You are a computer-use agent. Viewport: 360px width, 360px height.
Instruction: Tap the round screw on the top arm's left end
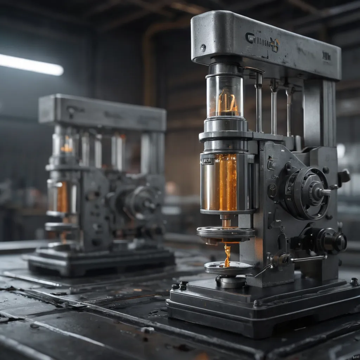pos(202,48)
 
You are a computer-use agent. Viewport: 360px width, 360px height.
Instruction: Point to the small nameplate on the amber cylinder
pos(207,161)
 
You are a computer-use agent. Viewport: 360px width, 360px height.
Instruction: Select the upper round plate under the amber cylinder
pos(226,232)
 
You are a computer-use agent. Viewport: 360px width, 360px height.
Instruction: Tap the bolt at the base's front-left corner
pos(182,285)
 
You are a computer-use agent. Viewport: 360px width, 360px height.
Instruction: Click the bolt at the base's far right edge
pos(354,281)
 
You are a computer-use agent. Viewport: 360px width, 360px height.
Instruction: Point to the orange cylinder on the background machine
pos(63,197)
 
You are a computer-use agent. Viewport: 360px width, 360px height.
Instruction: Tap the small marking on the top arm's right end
pos(326,56)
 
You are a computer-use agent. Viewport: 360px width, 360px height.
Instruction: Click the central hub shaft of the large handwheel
pos(323,192)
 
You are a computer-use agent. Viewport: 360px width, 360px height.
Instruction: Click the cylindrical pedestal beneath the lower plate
pos(231,281)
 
